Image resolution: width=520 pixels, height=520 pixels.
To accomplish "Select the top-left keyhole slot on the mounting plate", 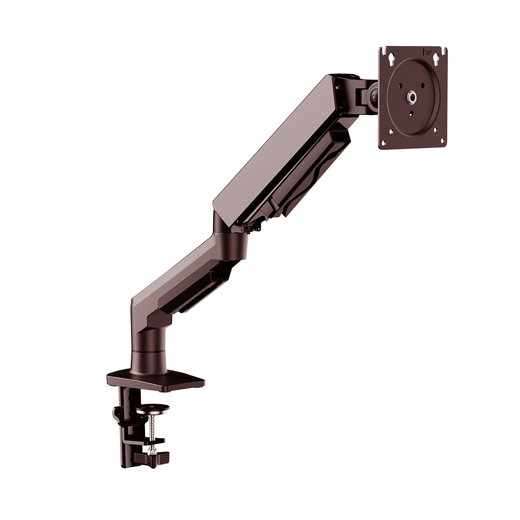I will pos(388,58).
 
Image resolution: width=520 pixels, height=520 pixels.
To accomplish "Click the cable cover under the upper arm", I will pos(307,177).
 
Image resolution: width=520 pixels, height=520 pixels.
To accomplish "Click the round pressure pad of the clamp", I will pos(152,409).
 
